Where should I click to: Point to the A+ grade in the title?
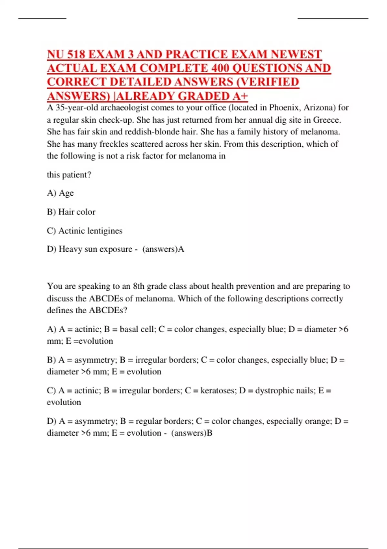point(239,96)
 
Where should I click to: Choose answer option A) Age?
point(60,193)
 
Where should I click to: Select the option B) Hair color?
point(71,212)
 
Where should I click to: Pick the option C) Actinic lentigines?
point(85,231)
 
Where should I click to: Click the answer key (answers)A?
point(163,249)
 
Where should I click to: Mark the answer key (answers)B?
point(192,433)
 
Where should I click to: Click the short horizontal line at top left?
point(42,19)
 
